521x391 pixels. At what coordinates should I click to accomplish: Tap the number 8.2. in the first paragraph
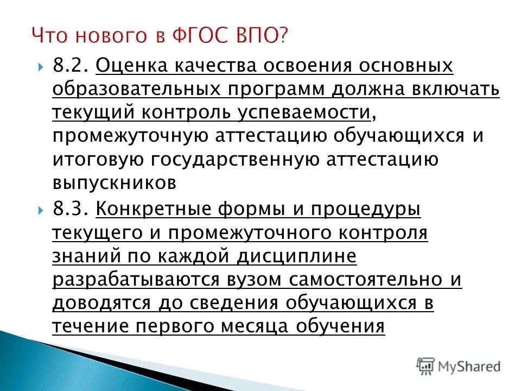pyautogui.click(x=71, y=66)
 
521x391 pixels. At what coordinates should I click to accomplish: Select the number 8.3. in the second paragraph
pyautogui.click(x=71, y=209)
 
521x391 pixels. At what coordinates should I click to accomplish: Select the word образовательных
pyautogui.click(x=137, y=90)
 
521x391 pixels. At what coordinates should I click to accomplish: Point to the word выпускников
pyautogui.click(x=115, y=183)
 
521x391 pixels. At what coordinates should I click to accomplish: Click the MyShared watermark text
pyautogui.click(x=469, y=366)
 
